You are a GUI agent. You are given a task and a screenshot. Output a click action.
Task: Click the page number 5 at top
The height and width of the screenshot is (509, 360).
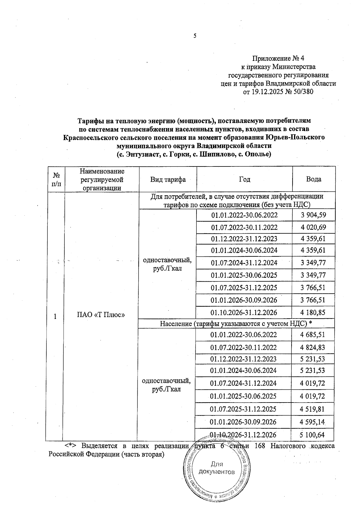pos(195,36)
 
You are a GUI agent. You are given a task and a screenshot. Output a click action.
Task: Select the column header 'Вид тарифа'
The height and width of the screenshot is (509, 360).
pos(168,179)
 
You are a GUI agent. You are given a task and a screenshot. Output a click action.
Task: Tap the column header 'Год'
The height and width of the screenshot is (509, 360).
pos(244,179)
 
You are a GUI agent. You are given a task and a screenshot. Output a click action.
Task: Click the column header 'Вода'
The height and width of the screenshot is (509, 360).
pos(313,179)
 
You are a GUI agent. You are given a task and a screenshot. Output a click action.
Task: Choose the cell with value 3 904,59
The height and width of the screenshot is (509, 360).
pos(313,215)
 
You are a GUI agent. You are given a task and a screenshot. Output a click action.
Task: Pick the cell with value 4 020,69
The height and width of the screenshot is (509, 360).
pos(313,227)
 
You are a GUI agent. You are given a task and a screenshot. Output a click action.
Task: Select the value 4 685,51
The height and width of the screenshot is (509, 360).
pos(313,335)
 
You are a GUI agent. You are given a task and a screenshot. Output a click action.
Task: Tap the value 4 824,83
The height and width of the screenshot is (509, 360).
pos(313,348)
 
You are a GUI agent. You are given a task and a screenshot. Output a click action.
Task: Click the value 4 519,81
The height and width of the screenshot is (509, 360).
pos(312,409)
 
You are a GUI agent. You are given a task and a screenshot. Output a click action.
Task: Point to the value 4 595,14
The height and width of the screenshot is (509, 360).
pos(312,422)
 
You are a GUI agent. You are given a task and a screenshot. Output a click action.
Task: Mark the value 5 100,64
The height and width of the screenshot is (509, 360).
pos(312,435)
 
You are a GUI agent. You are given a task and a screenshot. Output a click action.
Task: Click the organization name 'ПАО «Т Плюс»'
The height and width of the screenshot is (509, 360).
pos(101,315)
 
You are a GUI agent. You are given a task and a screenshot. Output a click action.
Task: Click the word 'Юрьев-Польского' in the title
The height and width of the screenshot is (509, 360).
pos(295,137)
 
